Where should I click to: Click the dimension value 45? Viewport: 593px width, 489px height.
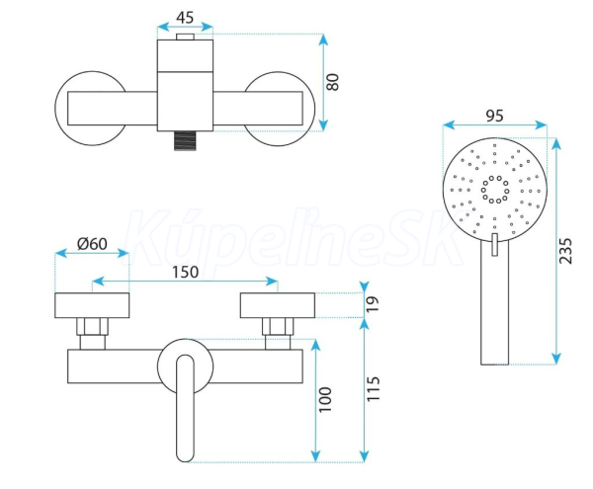(x=185, y=18)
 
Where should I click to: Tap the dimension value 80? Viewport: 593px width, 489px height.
(x=333, y=82)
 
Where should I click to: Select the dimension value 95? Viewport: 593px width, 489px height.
(x=494, y=116)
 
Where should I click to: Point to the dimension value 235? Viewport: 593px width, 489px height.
(x=565, y=251)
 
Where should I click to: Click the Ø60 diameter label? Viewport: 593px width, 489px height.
(x=92, y=244)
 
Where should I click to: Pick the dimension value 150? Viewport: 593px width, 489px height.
(x=186, y=272)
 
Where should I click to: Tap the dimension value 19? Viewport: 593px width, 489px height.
(x=373, y=304)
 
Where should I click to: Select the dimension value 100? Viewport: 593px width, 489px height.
(x=325, y=400)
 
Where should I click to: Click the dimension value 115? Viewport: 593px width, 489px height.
(x=373, y=388)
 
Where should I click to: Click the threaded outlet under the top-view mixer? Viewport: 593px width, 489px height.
(x=186, y=140)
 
